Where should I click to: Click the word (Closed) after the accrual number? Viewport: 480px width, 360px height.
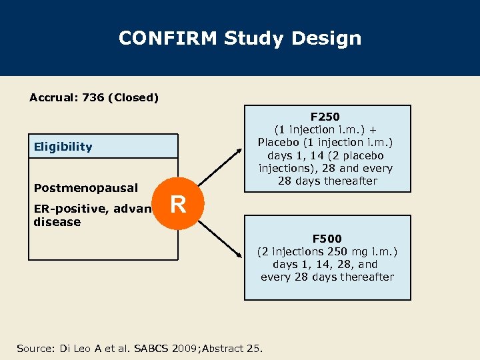click(x=135, y=98)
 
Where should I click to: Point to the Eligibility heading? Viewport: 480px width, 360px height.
click(x=63, y=147)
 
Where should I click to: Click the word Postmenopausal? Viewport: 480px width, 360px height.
click(x=86, y=188)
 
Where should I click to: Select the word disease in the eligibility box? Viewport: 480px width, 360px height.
click(x=57, y=222)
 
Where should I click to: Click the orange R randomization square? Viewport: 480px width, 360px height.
click(x=178, y=204)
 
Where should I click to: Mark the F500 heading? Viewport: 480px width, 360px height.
click(x=327, y=239)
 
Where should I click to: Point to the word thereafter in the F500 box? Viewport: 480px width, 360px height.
click(x=365, y=277)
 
